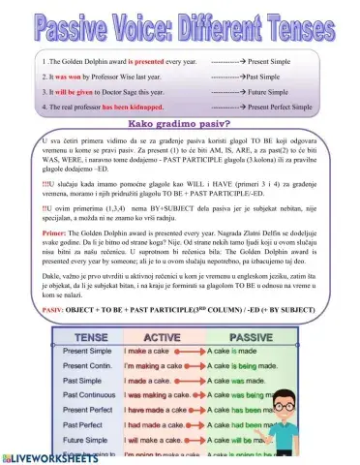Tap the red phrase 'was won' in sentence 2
(x=77, y=76)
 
